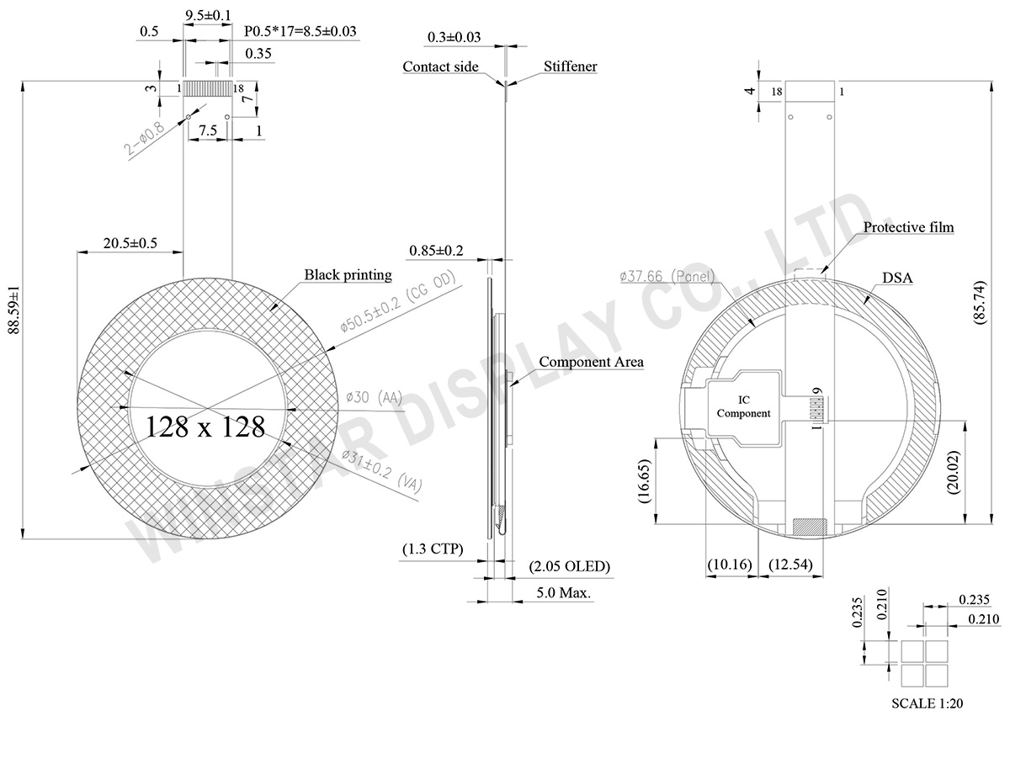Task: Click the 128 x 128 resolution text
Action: tap(205, 427)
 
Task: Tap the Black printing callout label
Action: tap(348, 274)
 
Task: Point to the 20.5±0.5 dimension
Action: tap(130, 243)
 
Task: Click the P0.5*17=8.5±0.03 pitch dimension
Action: tap(300, 32)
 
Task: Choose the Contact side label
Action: tap(440, 66)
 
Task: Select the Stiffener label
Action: tap(570, 66)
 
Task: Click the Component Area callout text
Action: tap(591, 362)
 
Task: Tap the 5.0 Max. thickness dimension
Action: tap(564, 592)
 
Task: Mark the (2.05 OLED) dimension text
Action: tap(569, 566)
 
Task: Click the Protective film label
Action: tap(909, 227)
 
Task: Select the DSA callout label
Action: tap(897, 278)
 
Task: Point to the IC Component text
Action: tap(743, 406)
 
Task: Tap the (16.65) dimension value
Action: tap(644, 480)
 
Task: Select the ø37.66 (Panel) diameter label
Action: tap(667, 276)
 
